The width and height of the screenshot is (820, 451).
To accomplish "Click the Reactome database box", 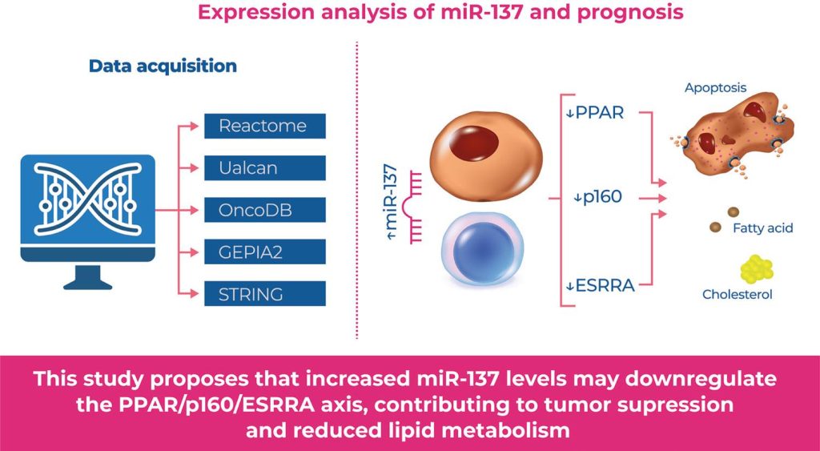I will (264, 127).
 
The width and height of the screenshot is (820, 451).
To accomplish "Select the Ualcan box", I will (264, 168).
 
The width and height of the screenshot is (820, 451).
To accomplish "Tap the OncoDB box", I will (264, 210).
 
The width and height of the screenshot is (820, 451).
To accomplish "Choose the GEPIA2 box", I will (264, 252).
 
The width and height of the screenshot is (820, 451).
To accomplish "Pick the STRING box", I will (264, 293).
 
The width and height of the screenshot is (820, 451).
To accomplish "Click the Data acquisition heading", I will (163, 66).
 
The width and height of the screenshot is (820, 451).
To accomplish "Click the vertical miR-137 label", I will (393, 205).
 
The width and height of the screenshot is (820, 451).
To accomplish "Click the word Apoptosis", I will (714, 87).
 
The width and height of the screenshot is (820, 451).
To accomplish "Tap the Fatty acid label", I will (762, 228).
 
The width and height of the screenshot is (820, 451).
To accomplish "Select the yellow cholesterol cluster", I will (757, 270).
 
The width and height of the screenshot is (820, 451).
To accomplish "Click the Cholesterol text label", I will (737, 295).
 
